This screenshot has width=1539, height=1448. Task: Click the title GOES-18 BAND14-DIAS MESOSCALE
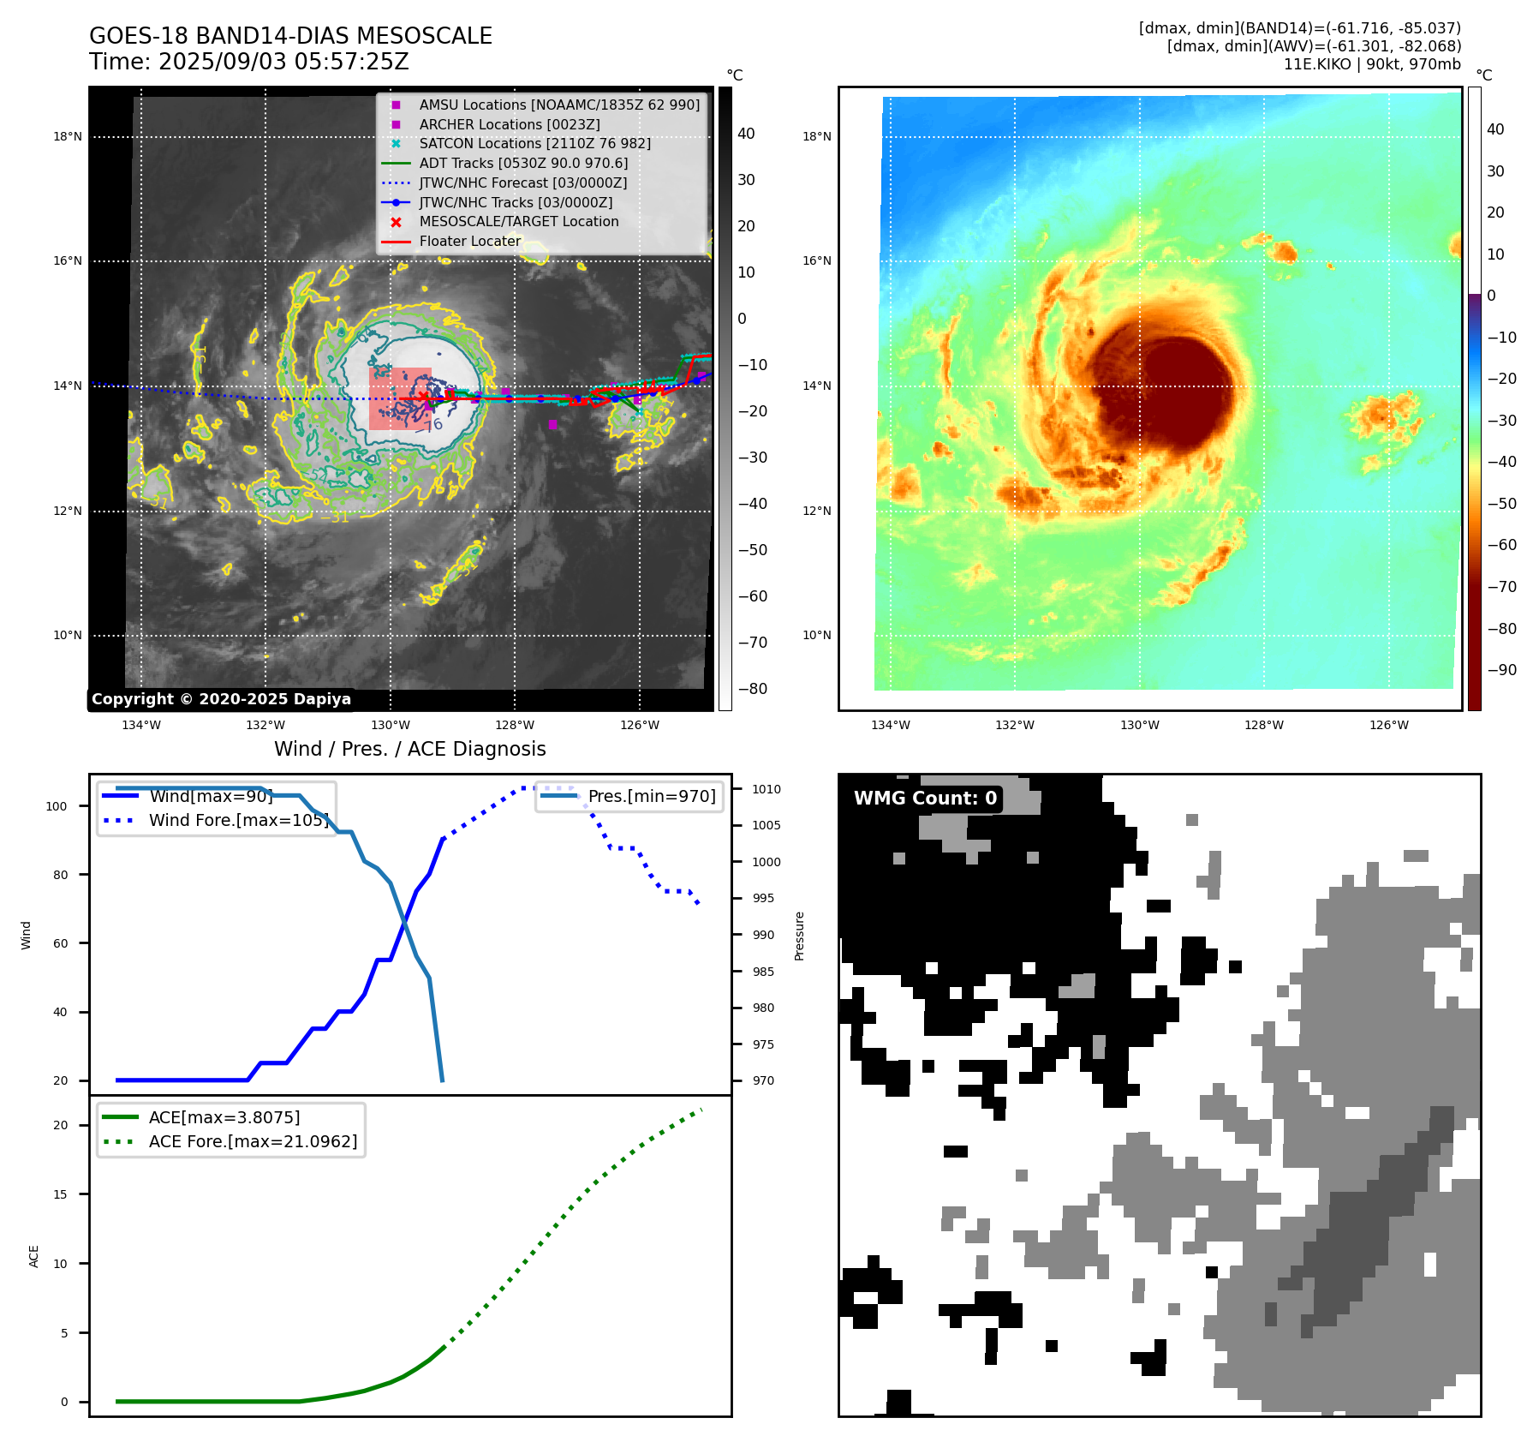pos(290,36)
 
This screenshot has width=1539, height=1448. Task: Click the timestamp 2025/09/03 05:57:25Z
pos(283,62)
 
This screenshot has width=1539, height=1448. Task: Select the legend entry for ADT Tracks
pos(523,163)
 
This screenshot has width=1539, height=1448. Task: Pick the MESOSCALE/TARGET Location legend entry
pos(518,221)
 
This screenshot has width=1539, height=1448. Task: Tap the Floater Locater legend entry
pos(469,241)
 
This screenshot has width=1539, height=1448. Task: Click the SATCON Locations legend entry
pos(534,143)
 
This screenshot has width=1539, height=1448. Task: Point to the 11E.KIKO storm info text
pos(1371,64)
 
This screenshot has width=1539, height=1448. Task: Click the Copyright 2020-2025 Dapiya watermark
pos(221,699)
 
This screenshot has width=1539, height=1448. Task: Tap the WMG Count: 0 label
pos(925,799)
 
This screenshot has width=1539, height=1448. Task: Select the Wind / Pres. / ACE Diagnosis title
pos(409,749)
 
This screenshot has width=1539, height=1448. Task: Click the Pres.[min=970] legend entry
pos(651,796)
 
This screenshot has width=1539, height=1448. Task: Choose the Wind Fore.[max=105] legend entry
pos(238,820)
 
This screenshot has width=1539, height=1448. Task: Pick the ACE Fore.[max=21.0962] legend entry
pos(253,1141)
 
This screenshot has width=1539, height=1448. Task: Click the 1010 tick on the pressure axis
pos(767,789)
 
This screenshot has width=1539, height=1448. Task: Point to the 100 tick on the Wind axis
pos(57,806)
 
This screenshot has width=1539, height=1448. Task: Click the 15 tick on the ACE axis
pos(60,1194)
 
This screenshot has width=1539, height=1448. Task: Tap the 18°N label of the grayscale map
pos(68,136)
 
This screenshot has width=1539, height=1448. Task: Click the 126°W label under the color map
pos(1388,725)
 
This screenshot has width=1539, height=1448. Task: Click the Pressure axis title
pos(799,936)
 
